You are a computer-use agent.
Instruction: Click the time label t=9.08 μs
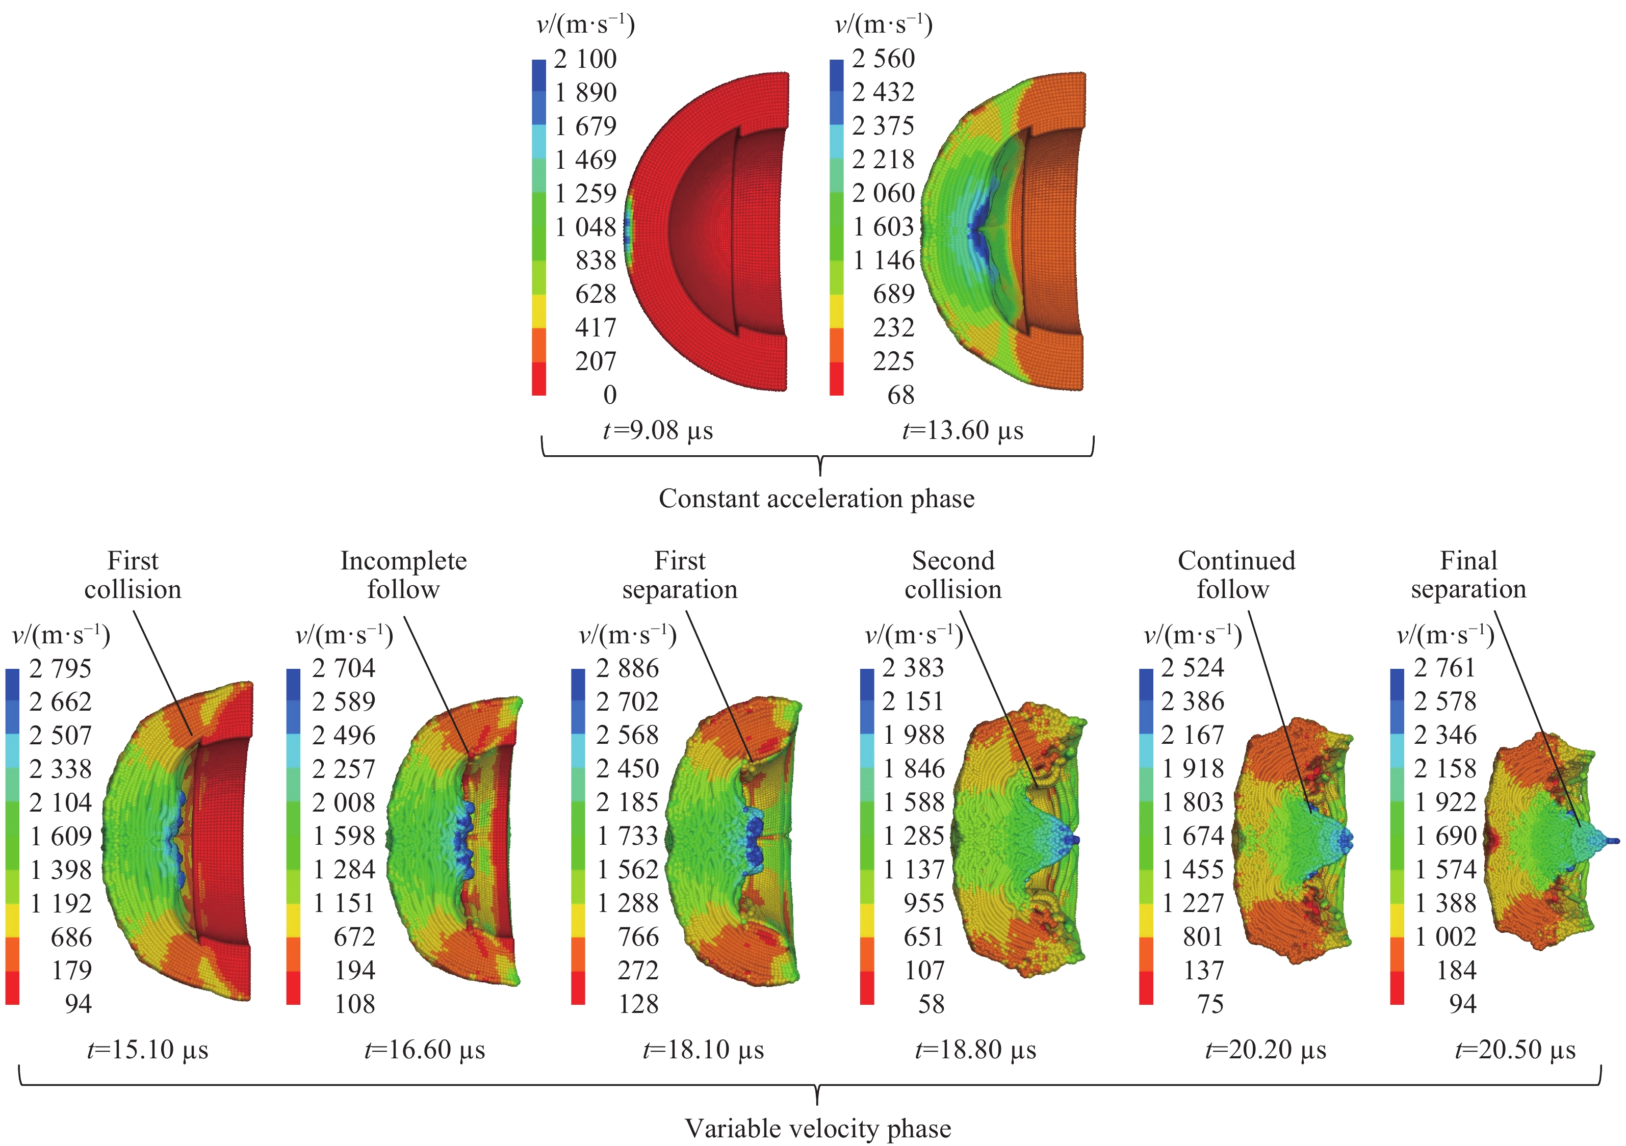[658, 430]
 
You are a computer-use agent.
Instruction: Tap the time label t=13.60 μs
[963, 430]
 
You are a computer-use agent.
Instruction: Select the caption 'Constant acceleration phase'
[816, 499]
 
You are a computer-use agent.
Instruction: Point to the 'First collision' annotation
[133, 575]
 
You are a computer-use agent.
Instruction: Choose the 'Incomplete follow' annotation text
[404, 575]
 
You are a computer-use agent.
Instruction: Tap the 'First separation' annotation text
[680, 575]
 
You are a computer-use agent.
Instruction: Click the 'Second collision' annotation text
[953, 575]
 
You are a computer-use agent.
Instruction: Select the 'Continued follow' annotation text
[1236, 575]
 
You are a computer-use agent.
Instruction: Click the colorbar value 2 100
[585, 59]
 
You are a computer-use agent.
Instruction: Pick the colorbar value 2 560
[883, 59]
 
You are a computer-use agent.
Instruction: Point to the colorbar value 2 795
[60, 668]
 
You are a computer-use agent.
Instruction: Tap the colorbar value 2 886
[628, 668]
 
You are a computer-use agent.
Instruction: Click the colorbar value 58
[931, 1004]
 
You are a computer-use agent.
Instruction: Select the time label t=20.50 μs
[1515, 1050]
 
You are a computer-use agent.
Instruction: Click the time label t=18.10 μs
[703, 1050]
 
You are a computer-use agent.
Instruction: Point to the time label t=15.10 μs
[148, 1050]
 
